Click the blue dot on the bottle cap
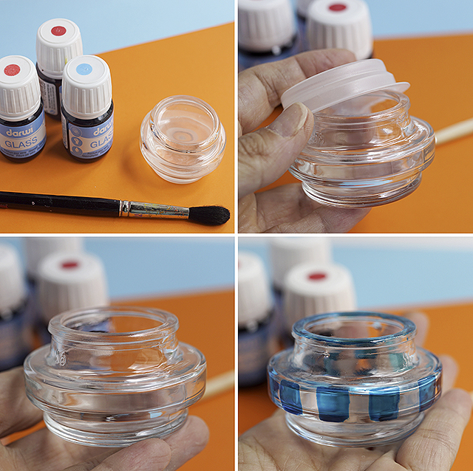(84, 69)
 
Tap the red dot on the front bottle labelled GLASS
(12, 70)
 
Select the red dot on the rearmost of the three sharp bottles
(58, 31)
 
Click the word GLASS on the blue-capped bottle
(89, 131)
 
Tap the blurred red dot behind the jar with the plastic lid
(337, 7)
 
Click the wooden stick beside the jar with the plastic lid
(452, 131)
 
